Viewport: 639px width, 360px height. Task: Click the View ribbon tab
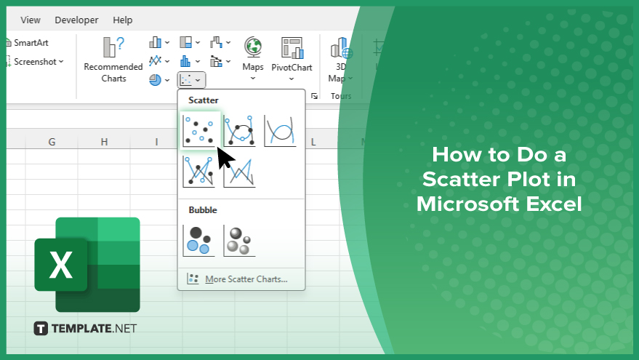tap(30, 20)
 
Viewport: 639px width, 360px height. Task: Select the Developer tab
tap(76, 20)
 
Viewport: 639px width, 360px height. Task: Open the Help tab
tap(123, 20)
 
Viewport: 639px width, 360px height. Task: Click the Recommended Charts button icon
tap(113, 47)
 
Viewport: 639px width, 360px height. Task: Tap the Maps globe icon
tap(253, 47)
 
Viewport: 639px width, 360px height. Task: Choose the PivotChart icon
tap(292, 48)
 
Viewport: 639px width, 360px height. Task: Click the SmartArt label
tap(31, 43)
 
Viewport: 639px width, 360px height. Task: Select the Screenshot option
tap(35, 62)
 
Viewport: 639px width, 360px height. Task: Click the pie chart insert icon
tap(155, 80)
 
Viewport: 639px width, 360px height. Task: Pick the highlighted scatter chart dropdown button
tap(191, 80)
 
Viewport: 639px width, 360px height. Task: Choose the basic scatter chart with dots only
tap(199, 131)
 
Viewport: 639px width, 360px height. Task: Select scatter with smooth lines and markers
tap(240, 131)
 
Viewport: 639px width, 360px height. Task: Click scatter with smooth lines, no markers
tap(281, 131)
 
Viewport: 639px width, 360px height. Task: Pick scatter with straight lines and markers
tap(199, 172)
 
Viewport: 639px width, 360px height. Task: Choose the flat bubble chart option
tap(199, 241)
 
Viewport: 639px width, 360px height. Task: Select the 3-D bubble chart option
tap(240, 241)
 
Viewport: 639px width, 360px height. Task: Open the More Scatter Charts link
tap(246, 279)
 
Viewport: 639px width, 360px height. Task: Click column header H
tap(105, 142)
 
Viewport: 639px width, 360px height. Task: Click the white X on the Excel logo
tap(61, 265)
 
